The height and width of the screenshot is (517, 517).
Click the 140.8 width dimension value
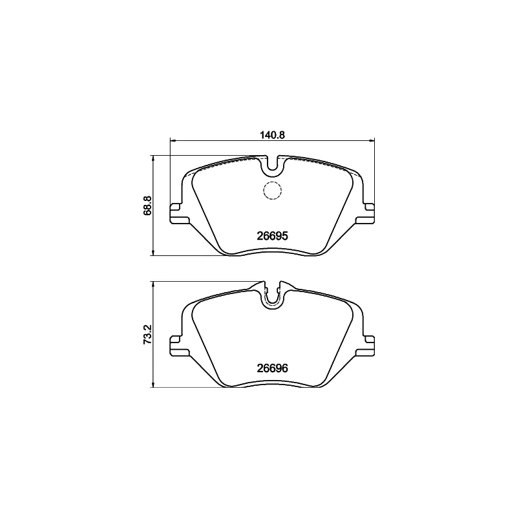click(x=272, y=134)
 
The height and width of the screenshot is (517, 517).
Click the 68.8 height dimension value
click(x=147, y=205)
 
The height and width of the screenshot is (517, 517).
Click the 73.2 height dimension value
click(x=147, y=335)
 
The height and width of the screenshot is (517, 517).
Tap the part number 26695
click(x=272, y=237)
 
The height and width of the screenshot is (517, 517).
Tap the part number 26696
click(x=272, y=368)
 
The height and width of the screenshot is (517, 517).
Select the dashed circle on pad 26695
click(x=272, y=191)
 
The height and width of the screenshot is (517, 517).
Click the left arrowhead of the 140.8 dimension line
click(x=172, y=140)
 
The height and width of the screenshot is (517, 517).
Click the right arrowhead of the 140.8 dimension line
click(x=372, y=140)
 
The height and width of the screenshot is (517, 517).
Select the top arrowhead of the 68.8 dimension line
click(x=153, y=158)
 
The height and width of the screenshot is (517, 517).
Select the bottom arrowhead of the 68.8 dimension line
click(x=153, y=253)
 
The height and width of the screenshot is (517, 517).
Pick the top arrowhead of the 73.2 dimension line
click(x=153, y=283)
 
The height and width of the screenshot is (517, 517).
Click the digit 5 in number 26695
click(x=284, y=237)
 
